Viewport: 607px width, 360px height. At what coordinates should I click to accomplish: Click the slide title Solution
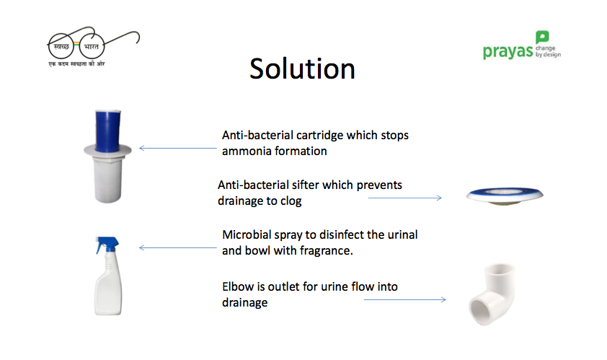[302, 69]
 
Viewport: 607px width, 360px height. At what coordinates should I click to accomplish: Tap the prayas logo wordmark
[508, 51]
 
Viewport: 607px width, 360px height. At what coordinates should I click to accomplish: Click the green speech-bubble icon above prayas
[542, 38]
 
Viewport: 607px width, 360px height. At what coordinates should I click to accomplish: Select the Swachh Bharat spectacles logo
[93, 46]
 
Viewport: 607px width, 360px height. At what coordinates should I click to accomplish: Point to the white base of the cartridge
[108, 178]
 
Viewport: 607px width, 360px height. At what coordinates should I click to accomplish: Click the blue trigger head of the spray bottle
[107, 244]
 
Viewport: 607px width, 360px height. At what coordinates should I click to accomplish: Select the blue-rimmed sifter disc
[505, 195]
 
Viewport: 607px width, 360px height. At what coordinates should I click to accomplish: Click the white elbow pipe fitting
[492, 294]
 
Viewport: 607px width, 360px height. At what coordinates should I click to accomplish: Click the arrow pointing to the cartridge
[177, 148]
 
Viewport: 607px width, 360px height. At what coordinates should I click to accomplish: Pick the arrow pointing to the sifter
[405, 198]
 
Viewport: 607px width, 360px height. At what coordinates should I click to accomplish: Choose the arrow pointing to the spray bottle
[177, 247]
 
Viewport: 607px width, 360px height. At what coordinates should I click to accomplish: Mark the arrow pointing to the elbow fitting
[405, 299]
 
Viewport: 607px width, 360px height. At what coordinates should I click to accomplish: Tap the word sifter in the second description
[306, 185]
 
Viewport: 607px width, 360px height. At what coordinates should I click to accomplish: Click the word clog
[291, 201]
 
